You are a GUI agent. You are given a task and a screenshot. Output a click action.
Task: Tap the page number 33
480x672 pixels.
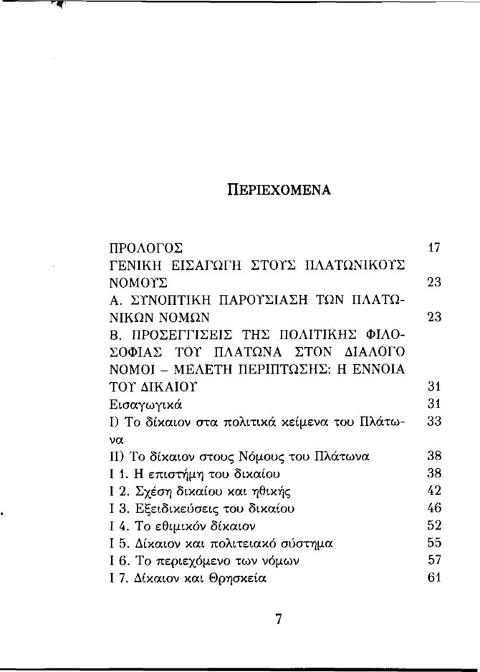point(433,422)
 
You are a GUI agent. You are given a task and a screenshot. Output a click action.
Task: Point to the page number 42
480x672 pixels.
point(433,490)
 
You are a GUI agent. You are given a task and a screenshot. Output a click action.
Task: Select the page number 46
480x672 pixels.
point(433,507)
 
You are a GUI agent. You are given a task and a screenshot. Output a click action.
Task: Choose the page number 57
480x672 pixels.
point(433,560)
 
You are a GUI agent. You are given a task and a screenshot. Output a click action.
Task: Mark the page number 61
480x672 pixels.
point(433,577)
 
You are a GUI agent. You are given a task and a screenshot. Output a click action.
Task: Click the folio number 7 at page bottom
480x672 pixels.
point(279,620)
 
